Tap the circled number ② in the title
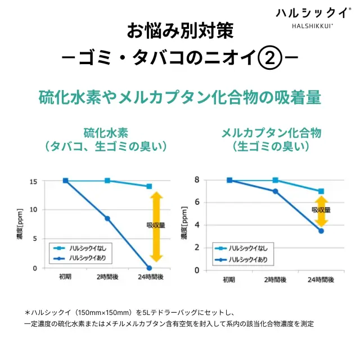pyautogui.click(x=273, y=57)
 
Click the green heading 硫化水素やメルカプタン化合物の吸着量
pyautogui.click(x=179, y=97)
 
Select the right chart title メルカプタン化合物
pyautogui.click(x=271, y=133)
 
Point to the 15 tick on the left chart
pyautogui.click(x=33, y=181)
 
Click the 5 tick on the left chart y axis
pyautogui.click(x=35, y=238)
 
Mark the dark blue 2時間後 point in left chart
pyautogui.click(x=107, y=218)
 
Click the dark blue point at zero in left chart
pyautogui.click(x=149, y=268)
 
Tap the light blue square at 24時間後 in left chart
pyautogui.click(x=149, y=186)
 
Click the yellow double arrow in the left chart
pyautogui.click(x=156, y=227)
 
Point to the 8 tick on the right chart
pyautogui.click(x=197, y=180)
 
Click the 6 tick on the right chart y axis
pyautogui.click(x=197, y=202)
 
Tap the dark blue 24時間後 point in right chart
pyautogui.click(x=321, y=231)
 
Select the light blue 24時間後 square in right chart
pyautogui.click(x=321, y=191)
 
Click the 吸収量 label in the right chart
pyautogui.click(x=321, y=210)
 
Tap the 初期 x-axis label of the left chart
pyautogui.click(x=66, y=277)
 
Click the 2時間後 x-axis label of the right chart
pyautogui.click(x=275, y=280)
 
